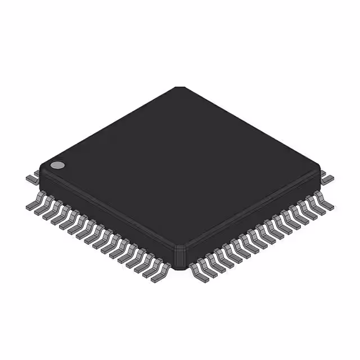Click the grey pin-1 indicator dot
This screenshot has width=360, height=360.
[x=57, y=165]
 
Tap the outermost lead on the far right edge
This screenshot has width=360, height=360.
[x=327, y=178]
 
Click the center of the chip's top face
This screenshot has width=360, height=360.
[x=180, y=169]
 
